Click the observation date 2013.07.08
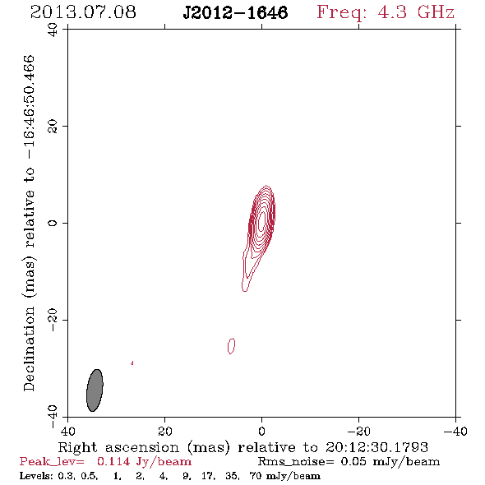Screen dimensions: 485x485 [x=83, y=12]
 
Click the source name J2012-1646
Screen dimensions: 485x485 [x=236, y=13]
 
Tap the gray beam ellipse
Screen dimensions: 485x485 [x=95, y=390]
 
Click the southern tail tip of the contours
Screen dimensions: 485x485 [x=245, y=290]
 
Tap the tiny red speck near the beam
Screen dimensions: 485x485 [x=132, y=363]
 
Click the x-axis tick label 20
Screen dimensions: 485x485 [x=165, y=431]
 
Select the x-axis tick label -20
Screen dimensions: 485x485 [x=358, y=431]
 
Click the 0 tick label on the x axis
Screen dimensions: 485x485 [x=262, y=431]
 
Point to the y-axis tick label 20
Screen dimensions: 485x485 [x=53, y=127]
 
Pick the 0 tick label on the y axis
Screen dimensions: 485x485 [x=53, y=223]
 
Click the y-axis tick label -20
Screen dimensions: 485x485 [x=53, y=320]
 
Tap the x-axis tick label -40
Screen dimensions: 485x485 [x=455, y=431]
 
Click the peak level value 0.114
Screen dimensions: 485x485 [x=113, y=461]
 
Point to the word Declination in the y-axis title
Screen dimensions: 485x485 [x=29, y=349]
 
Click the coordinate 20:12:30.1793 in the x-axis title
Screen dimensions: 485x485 [x=376, y=447]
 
